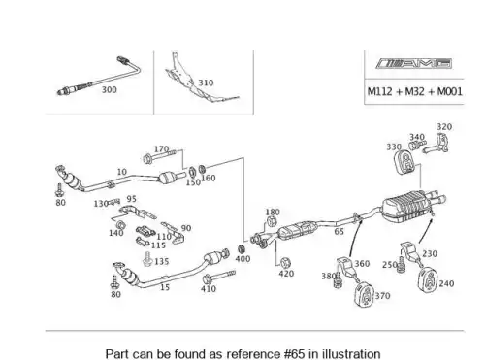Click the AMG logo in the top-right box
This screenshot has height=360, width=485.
(x=413, y=63)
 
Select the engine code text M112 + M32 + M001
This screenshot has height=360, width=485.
(x=415, y=91)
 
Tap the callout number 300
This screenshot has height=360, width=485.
(x=110, y=89)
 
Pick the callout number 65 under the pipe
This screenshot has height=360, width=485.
(x=339, y=231)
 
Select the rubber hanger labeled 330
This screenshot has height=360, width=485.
(x=404, y=161)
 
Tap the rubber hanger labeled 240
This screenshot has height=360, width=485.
(x=428, y=279)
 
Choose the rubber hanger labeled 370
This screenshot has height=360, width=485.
(x=364, y=294)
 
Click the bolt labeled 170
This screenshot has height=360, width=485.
(x=158, y=156)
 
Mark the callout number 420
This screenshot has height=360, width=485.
(x=286, y=274)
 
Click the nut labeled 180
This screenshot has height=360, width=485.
(x=271, y=222)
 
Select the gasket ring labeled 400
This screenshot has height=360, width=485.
(x=242, y=249)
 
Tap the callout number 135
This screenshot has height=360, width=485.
(x=162, y=261)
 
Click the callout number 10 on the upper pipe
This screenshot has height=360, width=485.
(x=122, y=172)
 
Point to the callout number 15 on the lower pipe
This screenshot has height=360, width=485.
(x=165, y=287)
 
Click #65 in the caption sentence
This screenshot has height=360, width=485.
(x=294, y=353)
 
